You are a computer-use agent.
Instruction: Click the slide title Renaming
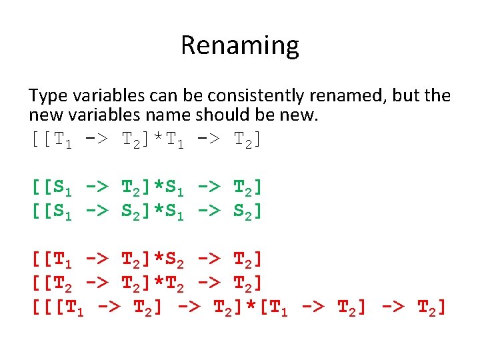239,45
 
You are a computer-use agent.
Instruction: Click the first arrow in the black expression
97,140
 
